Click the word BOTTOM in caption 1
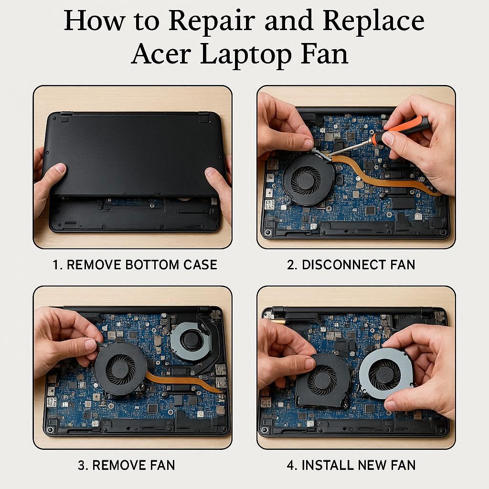click(152, 265)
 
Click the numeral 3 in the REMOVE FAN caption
click(81, 465)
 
